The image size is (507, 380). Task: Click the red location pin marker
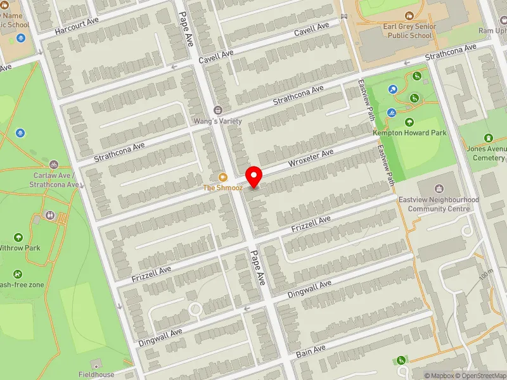[x=254, y=176]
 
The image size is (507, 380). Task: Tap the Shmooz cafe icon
[x=222, y=177]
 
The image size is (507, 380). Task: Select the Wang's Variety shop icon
[x=219, y=110]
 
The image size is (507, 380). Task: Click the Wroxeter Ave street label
[x=311, y=158]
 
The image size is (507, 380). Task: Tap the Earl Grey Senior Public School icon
[x=408, y=14]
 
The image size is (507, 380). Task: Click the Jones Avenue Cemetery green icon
[x=489, y=138]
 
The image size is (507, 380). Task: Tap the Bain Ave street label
[x=311, y=349]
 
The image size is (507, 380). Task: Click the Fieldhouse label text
[x=96, y=374]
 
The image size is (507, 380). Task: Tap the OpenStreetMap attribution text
[x=480, y=376]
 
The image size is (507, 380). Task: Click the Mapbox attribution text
[x=439, y=376]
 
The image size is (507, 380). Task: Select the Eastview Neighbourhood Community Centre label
[x=439, y=204]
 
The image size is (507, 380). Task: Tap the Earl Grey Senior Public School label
[x=408, y=32]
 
